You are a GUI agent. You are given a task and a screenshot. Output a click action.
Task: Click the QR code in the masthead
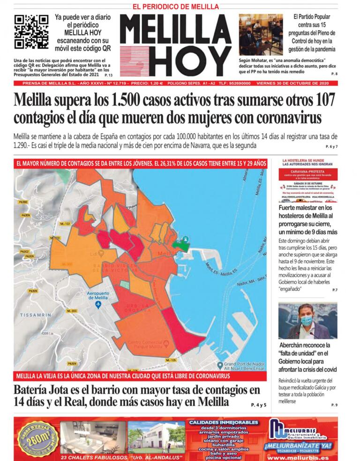pyautogui.click(x=31, y=31)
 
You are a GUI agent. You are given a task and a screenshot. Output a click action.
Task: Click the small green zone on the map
pyautogui.click(x=180, y=243)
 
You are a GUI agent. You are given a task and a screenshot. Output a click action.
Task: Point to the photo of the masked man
pyautogui.click(x=307, y=321)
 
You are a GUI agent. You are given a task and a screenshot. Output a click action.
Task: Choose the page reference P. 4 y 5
pyautogui.click(x=258, y=404)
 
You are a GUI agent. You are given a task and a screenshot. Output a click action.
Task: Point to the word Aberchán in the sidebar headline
pyautogui.click(x=295, y=345)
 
